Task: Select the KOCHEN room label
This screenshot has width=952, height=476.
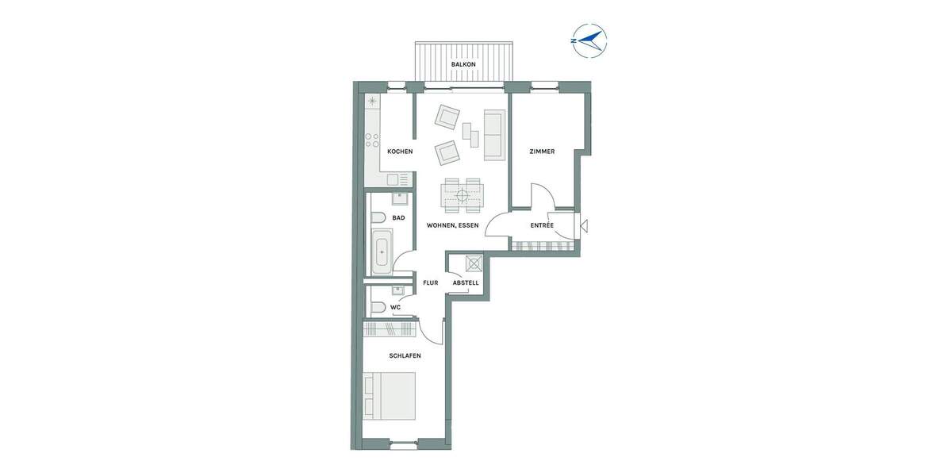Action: (x=400, y=152)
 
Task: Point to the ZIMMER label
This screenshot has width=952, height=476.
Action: (x=542, y=152)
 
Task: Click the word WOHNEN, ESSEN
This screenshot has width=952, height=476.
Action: (x=452, y=226)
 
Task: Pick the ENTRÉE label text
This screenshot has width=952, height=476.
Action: (x=542, y=226)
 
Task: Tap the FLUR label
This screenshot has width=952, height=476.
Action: (x=431, y=282)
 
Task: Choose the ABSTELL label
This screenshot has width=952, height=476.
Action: (x=466, y=282)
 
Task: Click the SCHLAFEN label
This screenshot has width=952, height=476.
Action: (x=405, y=356)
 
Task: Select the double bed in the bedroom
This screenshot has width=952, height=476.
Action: (x=390, y=396)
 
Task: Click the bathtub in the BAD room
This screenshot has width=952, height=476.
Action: (x=382, y=252)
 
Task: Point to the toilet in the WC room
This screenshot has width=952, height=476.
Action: (x=378, y=307)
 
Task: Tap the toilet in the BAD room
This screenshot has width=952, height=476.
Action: (x=378, y=217)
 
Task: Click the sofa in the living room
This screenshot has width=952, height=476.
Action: (x=493, y=133)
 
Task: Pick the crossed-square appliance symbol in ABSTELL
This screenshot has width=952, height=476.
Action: (x=474, y=263)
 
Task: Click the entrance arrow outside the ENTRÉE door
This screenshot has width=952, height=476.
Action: (x=585, y=227)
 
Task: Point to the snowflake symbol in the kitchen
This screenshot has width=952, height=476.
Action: (x=371, y=102)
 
